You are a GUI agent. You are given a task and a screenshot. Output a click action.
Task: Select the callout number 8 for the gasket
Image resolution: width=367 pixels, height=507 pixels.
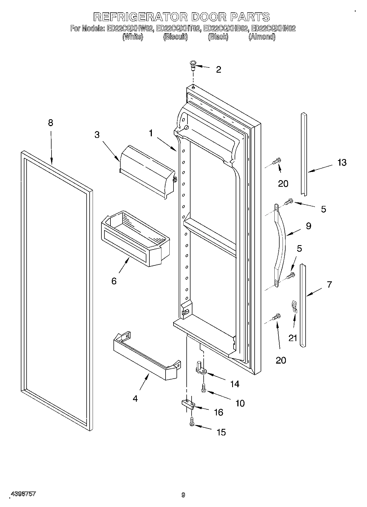click(x=50, y=123)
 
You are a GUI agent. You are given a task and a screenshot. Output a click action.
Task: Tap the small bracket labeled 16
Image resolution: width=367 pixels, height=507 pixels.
click(x=188, y=404)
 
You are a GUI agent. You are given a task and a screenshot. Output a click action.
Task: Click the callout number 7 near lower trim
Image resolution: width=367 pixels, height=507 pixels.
click(x=329, y=284)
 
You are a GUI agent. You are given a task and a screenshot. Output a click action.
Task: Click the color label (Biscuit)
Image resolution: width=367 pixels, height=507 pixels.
click(x=175, y=37)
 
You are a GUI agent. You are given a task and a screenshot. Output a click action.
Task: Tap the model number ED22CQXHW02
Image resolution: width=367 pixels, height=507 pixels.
click(x=130, y=28)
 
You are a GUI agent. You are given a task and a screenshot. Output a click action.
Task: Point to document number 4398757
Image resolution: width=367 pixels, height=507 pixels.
click(x=23, y=494)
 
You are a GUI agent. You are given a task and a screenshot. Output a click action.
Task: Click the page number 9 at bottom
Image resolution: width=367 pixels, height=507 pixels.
click(x=183, y=495)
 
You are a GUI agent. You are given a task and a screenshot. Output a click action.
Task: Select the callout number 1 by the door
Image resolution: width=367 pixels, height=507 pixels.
click(x=151, y=133)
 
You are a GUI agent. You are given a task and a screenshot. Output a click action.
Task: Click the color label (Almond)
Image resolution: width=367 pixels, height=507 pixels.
click(x=262, y=37)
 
